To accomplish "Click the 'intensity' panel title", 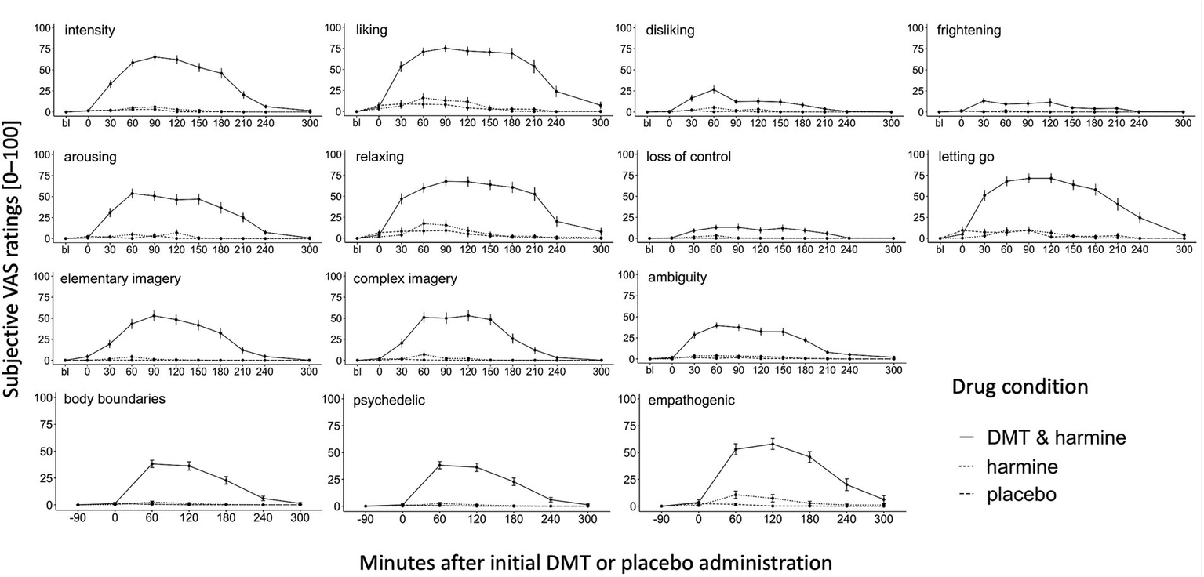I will click(x=90, y=31).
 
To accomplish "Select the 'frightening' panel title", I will click(x=969, y=31).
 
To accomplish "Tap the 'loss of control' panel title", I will click(x=689, y=157).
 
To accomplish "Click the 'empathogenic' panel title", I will click(x=691, y=401).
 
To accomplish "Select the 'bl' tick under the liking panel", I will click(x=357, y=122).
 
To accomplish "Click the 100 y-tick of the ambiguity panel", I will click(x=626, y=275).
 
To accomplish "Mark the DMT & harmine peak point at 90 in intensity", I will click(x=155, y=56).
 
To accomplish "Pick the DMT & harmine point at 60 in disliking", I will click(x=714, y=89).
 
